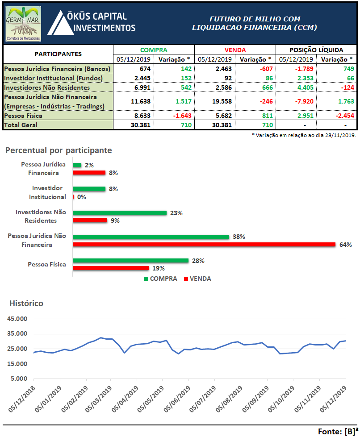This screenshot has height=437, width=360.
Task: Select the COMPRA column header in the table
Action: pyautogui.click(x=154, y=50)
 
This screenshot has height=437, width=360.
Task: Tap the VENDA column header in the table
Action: pyautogui.click(x=235, y=50)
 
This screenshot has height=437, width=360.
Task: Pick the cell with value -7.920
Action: pyautogui.click(x=295, y=101)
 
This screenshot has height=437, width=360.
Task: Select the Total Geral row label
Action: pyautogui.click(x=21, y=125)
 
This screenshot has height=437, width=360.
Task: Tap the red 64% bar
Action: pyautogui.click(x=204, y=245)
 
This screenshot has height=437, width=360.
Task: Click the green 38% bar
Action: pyautogui.click(x=151, y=237)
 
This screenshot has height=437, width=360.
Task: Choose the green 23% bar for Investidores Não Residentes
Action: pyautogui.click(x=120, y=213)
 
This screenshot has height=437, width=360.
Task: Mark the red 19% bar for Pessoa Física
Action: pyautogui.click(x=111, y=268)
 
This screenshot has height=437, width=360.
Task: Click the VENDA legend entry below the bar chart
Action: pyautogui.click(x=197, y=279)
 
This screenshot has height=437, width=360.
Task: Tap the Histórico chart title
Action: pyautogui.click(x=26, y=304)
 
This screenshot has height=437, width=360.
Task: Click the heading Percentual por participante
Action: pyautogui.click(x=59, y=150)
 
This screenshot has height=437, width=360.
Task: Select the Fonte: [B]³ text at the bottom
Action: pyautogui.click(x=338, y=431)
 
